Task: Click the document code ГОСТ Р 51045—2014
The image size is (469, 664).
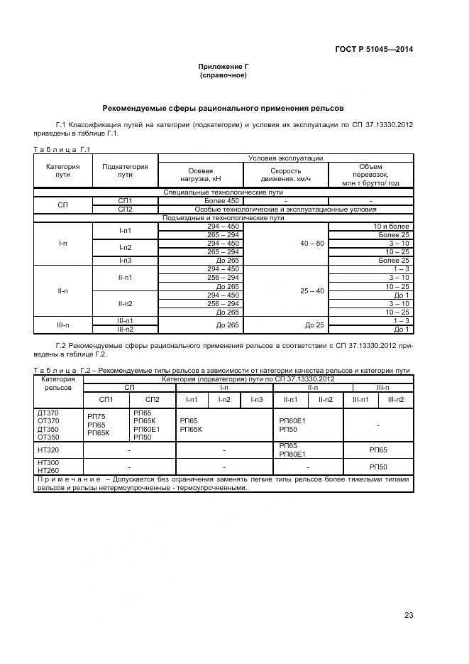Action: point(374,49)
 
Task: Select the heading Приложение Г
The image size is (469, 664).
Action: point(223,66)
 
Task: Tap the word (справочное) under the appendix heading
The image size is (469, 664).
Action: point(223,75)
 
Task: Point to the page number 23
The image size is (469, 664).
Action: point(409,615)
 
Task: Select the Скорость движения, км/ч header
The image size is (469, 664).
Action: point(285,175)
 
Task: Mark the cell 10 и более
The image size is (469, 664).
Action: point(392,226)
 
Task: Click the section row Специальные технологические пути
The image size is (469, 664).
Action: point(223,192)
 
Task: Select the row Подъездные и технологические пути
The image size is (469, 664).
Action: point(223,218)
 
